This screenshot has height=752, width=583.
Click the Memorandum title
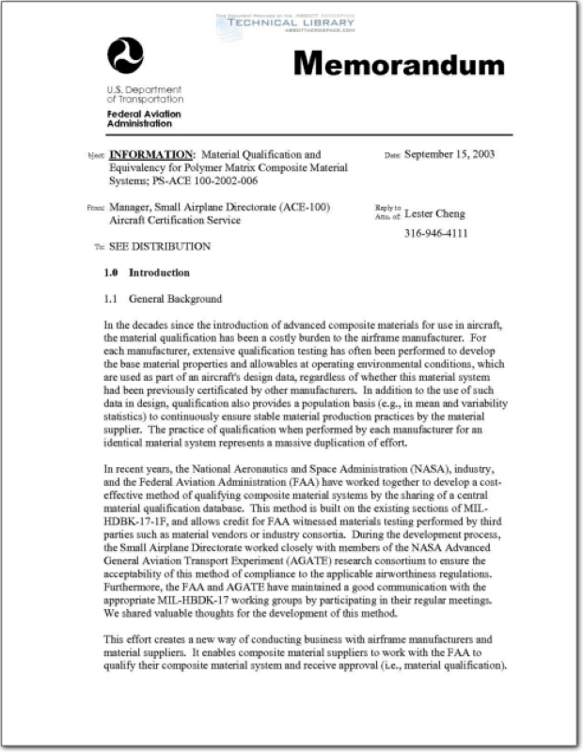(399, 64)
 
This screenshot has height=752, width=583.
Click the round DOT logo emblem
(125, 55)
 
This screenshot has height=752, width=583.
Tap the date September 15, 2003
(449, 154)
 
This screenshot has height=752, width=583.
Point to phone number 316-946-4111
(435, 233)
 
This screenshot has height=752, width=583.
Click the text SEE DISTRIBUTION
(160, 246)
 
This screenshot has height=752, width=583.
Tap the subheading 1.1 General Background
(163, 299)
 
